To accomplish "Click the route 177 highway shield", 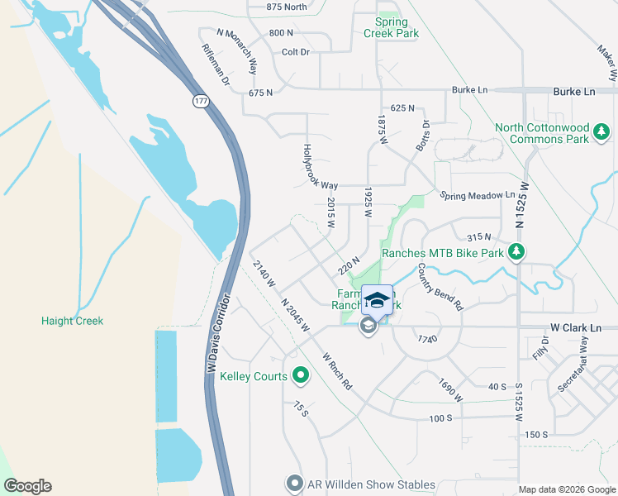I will [200, 101].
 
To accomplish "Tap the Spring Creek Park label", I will [391, 27].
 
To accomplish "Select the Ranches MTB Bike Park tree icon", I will [516, 252].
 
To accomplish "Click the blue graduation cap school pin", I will [377, 301].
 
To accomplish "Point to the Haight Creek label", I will [73, 321].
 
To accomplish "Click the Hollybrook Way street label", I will [320, 167].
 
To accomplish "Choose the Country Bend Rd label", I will [440, 286].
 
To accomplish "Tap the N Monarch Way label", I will [237, 50].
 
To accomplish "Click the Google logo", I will [27, 486].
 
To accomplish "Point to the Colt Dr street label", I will [295, 51].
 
